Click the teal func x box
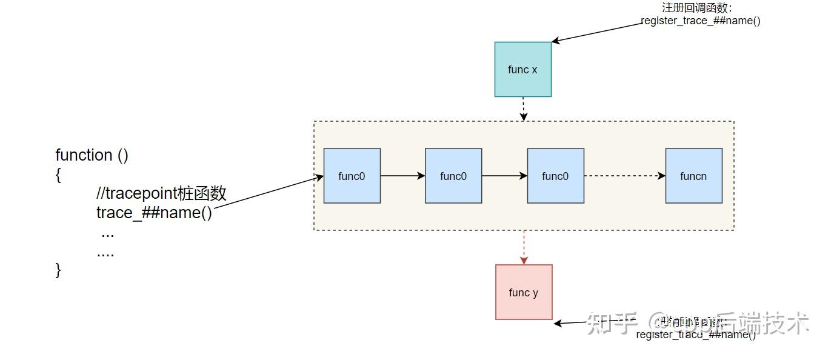point(522,69)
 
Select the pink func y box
point(524,292)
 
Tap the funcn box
point(693,176)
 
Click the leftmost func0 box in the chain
point(352,176)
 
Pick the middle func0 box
point(453,176)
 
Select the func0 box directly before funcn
point(555,176)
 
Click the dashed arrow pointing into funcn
point(624,176)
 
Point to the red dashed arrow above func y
point(524,247)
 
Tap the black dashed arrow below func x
point(524,109)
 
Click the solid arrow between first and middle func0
point(402,176)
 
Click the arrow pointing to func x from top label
point(597,33)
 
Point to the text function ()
point(92,155)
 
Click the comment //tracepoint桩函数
point(161,193)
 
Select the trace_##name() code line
point(154,213)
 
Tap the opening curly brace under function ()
point(58,175)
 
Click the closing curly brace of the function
point(58,270)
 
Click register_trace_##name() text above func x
point(700,21)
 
